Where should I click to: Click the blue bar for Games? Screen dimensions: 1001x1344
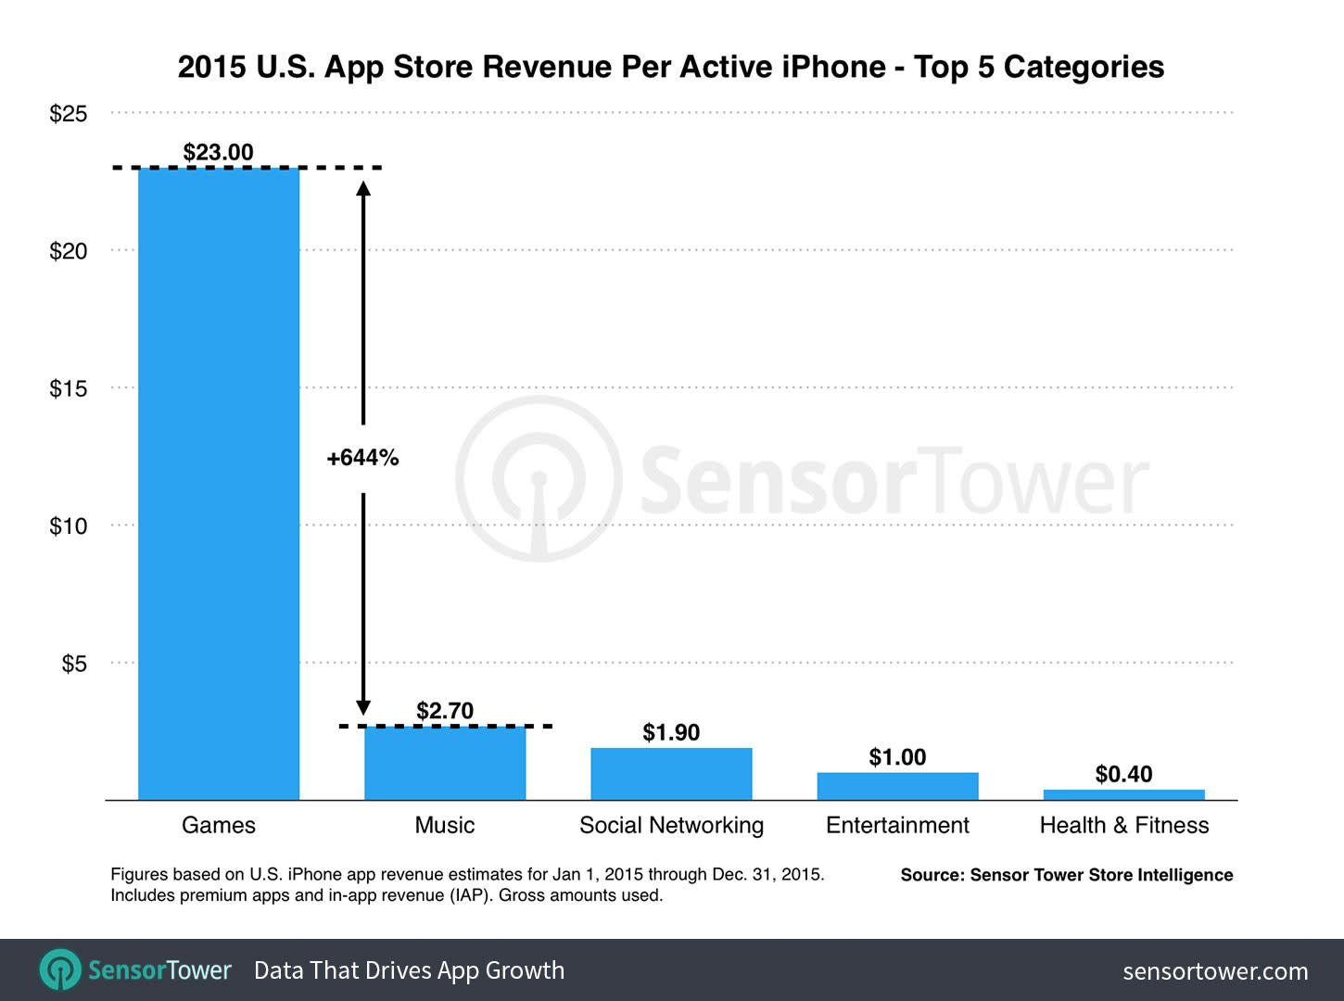coord(219,482)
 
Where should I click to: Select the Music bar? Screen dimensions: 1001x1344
coord(445,764)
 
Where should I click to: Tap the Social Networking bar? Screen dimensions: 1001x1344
coord(671,774)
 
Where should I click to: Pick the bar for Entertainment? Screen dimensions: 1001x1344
coord(897,786)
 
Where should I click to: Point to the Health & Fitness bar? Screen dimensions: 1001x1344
coord(1123,794)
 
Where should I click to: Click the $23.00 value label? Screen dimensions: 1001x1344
coord(218,152)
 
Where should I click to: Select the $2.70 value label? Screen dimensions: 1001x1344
coord(445,711)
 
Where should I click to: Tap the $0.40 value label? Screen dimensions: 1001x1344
coord(1123,774)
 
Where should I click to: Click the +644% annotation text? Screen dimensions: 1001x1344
coord(362,457)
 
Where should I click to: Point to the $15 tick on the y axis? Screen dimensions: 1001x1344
coord(69,388)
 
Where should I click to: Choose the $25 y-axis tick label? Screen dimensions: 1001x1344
coord(69,114)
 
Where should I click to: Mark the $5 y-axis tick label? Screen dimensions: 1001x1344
coord(74,664)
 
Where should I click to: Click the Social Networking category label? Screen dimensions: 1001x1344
coord(671,825)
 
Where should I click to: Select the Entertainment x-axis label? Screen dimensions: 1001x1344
coord(897,825)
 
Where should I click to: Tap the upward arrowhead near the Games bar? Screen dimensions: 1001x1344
coord(363,188)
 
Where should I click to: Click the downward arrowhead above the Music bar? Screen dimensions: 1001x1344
coord(363,707)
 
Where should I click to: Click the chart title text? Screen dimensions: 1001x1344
coord(671,67)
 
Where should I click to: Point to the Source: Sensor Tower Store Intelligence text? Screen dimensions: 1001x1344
coord(1066,875)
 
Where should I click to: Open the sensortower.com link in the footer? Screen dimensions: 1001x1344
coord(1215,971)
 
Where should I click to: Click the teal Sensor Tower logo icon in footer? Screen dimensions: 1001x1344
coord(60,970)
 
